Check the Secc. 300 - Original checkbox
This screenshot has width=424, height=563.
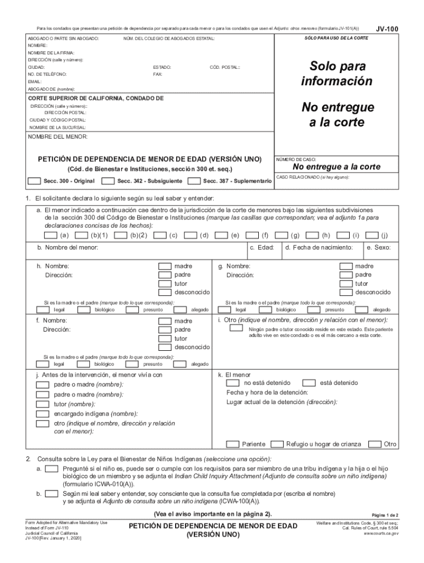pos(34,181)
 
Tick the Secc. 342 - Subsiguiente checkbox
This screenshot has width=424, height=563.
pos(108,181)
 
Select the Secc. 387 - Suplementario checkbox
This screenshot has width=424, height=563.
pos(194,181)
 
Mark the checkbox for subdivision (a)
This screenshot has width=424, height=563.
pos(51,235)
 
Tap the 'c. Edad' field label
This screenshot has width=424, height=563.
pos(262,248)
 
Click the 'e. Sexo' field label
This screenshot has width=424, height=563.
pos(378,248)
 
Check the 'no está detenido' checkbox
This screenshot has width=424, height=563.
pos(233,383)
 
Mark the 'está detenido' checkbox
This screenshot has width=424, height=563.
pos(309,383)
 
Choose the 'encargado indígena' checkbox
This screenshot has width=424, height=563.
pos(42,414)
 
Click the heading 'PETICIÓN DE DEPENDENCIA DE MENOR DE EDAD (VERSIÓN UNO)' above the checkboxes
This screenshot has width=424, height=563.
pos(149,159)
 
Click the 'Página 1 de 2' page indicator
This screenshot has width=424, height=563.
pos(385,514)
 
